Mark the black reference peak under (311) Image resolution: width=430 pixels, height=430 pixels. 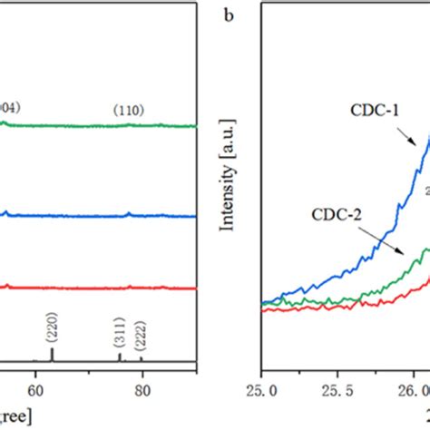pos(120,357)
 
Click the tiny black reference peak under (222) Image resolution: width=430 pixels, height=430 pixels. pos(141,359)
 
